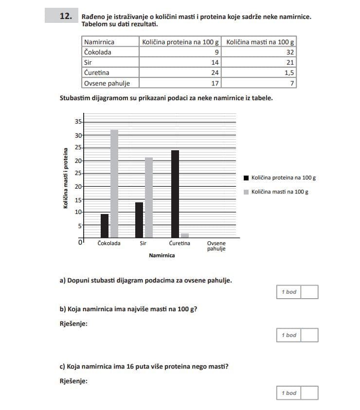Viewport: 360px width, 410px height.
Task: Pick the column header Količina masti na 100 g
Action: click(260, 42)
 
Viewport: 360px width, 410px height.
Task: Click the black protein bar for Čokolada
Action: click(105, 225)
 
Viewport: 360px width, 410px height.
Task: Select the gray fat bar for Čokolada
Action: click(114, 183)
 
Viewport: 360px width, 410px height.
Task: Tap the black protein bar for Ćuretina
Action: click(175, 194)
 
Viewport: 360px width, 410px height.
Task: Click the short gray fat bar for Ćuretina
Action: click(185, 235)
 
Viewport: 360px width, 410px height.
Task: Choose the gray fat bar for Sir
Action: click(149, 197)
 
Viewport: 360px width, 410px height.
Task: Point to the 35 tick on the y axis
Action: click(78, 122)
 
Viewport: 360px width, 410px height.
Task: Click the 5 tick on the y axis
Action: click(79, 225)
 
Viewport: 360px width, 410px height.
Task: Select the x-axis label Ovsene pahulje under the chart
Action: click(216, 246)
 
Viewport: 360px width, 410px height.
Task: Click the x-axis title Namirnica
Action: click(162, 255)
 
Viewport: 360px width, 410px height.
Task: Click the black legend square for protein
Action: click(246, 178)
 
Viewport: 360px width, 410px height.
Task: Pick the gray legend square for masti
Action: click(246, 192)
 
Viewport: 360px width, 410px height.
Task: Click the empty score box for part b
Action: click(310, 335)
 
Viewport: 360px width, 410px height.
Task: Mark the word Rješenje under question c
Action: click(73, 381)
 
